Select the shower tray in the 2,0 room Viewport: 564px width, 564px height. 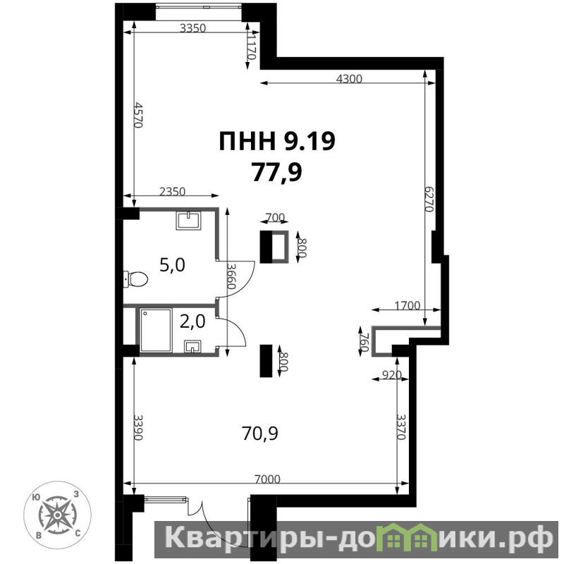(x=156, y=330)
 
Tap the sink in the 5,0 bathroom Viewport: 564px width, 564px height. (x=188, y=221)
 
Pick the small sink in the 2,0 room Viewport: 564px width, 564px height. (x=192, y=347)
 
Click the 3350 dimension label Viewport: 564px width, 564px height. (x=192, y=28)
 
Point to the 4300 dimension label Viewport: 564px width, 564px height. (x=349, y=79)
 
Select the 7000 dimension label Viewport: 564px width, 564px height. (x=267, y=479)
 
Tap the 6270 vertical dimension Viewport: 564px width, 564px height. (x=429, y=199)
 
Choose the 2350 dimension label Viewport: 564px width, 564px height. (x=172, y=192)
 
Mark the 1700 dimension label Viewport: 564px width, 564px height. (x=407, y=305)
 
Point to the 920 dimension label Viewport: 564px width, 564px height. (x=391, y=375)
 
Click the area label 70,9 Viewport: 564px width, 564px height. (x=259, y=434)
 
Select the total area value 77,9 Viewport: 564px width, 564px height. (x=276, y=172)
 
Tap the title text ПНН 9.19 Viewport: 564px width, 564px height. (x=277, y=141)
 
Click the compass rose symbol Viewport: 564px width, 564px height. (x=57, y=515)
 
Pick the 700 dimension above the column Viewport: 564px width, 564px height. (x=275, y=217)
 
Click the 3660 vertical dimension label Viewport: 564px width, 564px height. (x=231, y=276)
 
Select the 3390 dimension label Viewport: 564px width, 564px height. (x=138, y=427)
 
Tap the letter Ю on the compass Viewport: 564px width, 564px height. (x=36, y=497)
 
